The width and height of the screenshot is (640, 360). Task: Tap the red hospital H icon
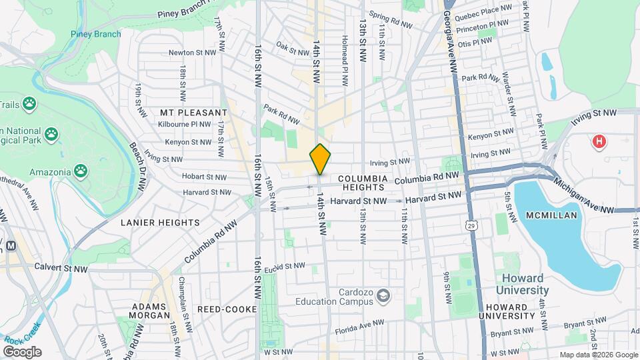599,141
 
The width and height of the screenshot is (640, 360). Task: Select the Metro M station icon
11,245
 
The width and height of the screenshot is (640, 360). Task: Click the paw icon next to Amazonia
81,171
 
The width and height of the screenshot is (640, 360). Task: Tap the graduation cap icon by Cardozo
383,294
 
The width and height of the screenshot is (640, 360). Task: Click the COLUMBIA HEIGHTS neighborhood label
362,183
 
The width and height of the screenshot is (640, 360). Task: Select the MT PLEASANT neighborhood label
189,113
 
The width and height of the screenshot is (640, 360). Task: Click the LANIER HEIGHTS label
160,222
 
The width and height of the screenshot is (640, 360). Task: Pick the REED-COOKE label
223,309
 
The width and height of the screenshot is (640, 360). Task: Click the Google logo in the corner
22,352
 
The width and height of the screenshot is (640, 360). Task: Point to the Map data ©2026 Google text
598,355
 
